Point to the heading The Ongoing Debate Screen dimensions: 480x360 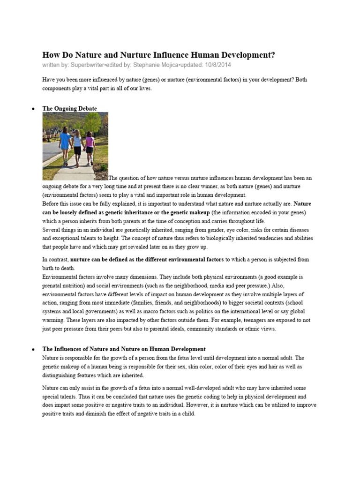[69, 108]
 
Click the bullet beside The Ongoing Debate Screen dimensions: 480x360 [33, 109]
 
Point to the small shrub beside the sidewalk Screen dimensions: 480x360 [103, 166]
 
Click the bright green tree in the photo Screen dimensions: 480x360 [92, 123]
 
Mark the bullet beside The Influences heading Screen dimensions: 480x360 [33, 350]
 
